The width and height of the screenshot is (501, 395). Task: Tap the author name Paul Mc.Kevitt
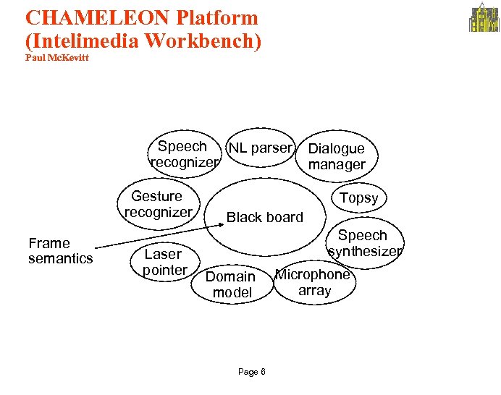pyautogui.click(x=56, y=58)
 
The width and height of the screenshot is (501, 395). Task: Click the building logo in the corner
pyautogui.click(x=484, y=19)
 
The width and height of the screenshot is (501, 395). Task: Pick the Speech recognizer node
pyautogui.click(x=182, y=154)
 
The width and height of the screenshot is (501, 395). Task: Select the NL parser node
pyautogui.click(x=260, y=148)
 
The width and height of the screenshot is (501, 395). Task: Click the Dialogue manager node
pyautogui.click(x=337, y=156)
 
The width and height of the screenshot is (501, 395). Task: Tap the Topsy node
pyautogui.click(x=359, y=197)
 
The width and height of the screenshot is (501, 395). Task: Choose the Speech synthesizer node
pyautogui.click(x=363, y=243)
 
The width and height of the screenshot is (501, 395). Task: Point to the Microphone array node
pyautogui.click(x=314, y=282)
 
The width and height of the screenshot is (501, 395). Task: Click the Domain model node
pyautogui.click(x=231, y=284)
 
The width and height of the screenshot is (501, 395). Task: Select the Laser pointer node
pyautogui.click(x=163, y=262)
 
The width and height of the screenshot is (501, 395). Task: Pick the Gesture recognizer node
pyautogui.click(x=158, y=204)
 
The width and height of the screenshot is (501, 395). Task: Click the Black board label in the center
pyautogui.click(x=264, y=217)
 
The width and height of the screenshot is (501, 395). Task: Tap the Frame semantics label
pyautogui.click(x=60, y=250)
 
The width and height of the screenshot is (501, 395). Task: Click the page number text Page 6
pyautogui.click(x=251, y=372)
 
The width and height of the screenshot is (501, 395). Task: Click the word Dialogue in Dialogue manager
pyautogui.click(x=336, y=148)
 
